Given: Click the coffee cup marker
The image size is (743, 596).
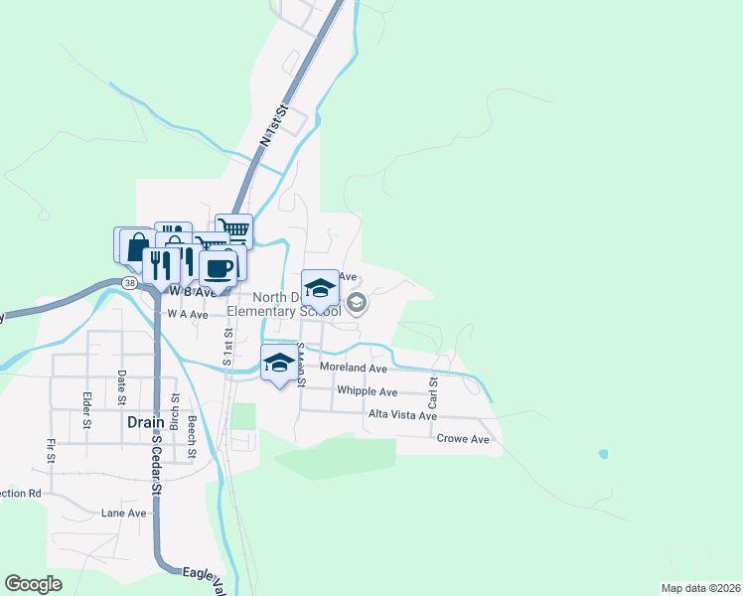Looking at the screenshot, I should click(219, 267).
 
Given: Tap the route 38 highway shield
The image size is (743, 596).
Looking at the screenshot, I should click(130, 283).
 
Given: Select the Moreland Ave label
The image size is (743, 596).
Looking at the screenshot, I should click(353, 368).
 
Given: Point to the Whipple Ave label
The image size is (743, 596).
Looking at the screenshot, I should click(367, 392).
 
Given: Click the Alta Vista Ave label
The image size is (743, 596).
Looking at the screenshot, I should click(402, 415).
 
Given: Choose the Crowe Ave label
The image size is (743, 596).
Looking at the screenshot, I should click(463, 439).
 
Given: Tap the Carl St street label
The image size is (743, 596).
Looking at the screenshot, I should click(433, 393).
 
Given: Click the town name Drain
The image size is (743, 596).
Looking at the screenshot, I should click(145, 421).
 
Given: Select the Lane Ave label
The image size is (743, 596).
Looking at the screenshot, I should click(123, 514).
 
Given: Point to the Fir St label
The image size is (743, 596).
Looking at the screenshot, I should click(49, 450).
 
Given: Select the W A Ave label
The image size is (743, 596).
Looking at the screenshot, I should click(188, 314).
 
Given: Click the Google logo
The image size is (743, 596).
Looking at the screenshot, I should click(34, 584).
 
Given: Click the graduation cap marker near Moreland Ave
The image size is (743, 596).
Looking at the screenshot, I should click(279, 363).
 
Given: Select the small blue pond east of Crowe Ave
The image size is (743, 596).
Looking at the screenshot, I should click(603, 454).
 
